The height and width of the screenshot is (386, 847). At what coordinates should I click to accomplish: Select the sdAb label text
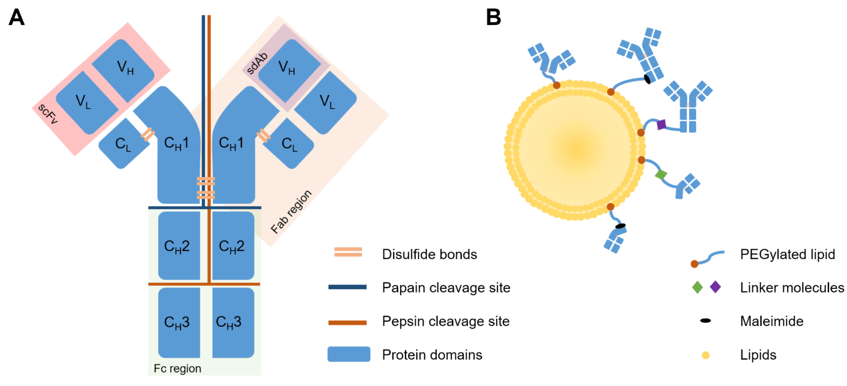coord(257,63)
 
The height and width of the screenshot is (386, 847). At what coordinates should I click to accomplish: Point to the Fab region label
coord(291,212)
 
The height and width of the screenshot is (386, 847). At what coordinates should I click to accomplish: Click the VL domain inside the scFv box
coord(87,102)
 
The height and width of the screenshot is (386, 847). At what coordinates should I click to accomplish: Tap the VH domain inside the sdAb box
coord(289,71)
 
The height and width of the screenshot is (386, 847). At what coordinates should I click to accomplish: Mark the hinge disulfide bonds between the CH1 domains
coord(206,188)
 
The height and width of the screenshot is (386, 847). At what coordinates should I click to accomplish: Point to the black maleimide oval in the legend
coord(705,320)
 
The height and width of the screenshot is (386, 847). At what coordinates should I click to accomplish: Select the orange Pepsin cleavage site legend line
coord(348,322)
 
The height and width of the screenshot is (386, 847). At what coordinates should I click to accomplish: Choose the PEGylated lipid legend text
coord(788,254)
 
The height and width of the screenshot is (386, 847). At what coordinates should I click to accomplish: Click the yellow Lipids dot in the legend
coord(706,355)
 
